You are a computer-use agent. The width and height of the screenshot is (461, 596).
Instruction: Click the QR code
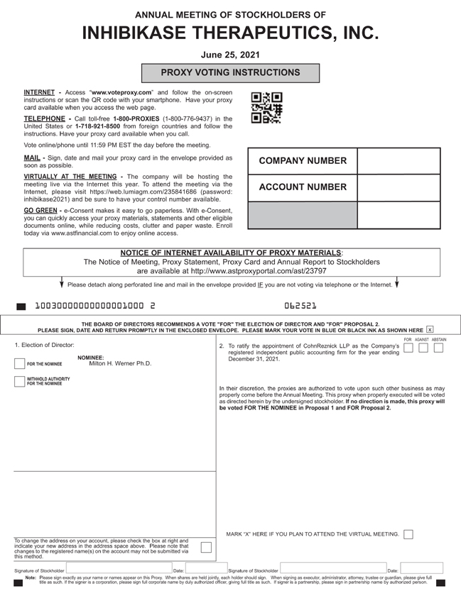tap(267, 107)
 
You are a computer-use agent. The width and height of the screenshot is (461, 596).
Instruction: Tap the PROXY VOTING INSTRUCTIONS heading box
tap(230, 72)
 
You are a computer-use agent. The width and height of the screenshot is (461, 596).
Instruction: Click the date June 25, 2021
tap(230, 54)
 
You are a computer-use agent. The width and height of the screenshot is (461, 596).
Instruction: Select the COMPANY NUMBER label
tap(303, 161)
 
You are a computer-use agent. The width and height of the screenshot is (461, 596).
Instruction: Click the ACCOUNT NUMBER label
tap(303, 187)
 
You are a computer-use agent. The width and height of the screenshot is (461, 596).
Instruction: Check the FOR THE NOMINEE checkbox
tap(20, 364)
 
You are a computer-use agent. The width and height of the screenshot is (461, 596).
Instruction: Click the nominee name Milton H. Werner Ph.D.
tap(120, 363)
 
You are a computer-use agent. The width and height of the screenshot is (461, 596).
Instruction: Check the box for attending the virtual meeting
tap(408, 534)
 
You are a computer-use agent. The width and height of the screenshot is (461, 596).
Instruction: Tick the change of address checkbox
tap(205, 546)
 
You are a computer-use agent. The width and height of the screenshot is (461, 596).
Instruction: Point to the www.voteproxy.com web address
tap(121, 93)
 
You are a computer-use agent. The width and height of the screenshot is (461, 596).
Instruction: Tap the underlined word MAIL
tap(32, 158)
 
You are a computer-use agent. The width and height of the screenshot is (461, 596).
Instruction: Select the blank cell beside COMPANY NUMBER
tap(398, 161)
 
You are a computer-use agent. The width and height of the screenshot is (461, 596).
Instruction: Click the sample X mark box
tap(430, 330)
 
